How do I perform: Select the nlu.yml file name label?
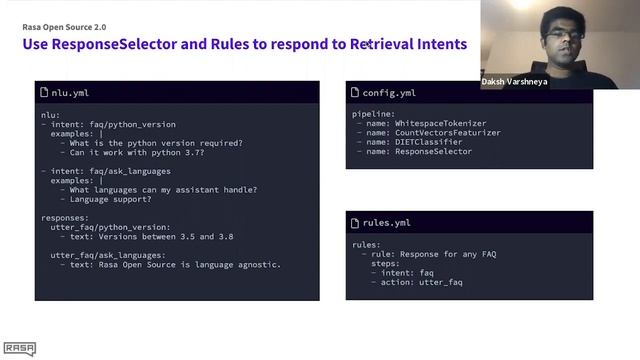tap(72, 93)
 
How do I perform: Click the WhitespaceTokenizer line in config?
tap(427, 124)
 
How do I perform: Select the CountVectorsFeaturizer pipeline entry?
tap(432, 133)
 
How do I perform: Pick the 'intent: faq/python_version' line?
tap(113, 125)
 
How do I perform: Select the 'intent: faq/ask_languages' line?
tap(113, 171)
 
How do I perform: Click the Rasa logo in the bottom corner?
tap(19, 348)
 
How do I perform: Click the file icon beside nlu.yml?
tap(44, 93)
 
